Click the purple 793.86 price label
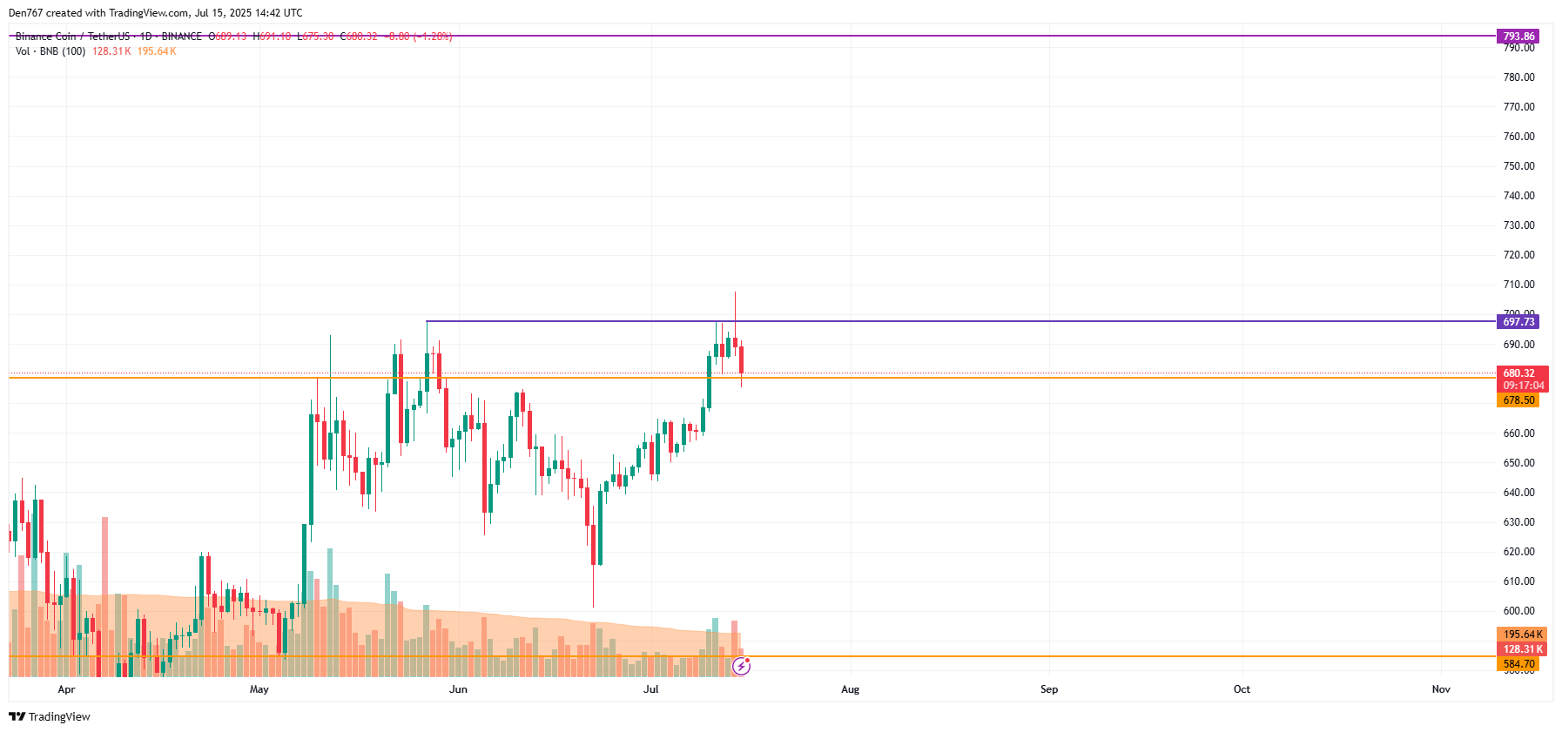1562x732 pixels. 1518,37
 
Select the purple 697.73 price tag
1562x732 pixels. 1518,322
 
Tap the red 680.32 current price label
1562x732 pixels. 1520,373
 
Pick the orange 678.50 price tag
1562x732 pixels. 1518,400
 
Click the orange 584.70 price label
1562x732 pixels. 1518,664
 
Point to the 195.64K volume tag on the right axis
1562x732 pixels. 1522,635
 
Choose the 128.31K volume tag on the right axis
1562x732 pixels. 1522,649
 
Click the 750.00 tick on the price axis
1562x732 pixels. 1518,166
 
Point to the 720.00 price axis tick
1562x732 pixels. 1518,255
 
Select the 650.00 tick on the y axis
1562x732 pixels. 1518,463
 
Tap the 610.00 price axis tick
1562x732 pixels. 1518,581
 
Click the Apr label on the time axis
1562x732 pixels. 66,689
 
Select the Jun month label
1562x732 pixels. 458,689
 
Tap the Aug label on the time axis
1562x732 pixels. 850,689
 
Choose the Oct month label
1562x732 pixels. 1242,689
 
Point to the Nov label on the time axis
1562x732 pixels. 1441,689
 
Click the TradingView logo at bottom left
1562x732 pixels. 50,717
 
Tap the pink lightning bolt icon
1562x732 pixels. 741,667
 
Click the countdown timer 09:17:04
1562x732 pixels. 1523,386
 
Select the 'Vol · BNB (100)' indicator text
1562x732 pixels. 50,51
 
